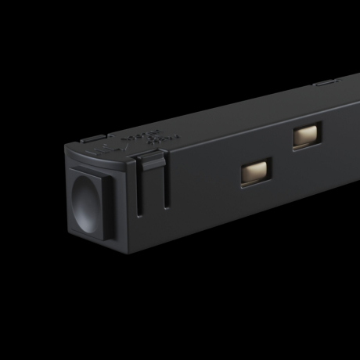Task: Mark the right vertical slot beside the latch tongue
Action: tap(164, 188)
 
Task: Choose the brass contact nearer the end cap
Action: tap(255, 171)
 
